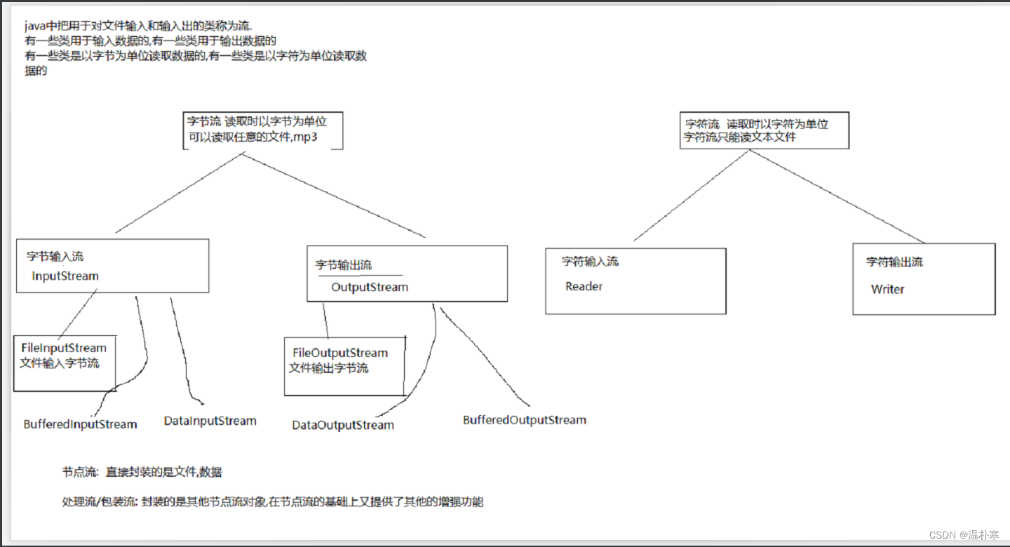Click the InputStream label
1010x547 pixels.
tap(65, 276)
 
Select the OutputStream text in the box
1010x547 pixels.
tap(369, 288)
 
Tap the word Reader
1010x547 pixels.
tap(584, 286)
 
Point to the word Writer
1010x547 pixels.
tap(887, 289)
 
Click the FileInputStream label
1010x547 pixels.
tap(64, 348)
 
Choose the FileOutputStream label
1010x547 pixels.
tap(340, 353)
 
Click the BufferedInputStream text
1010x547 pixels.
tap(80, 424)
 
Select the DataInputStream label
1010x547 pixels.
tap(210, 421)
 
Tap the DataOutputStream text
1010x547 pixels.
tap(343, 425)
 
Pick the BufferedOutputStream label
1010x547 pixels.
tap(524, 420)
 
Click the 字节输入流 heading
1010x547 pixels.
tap(55, 257)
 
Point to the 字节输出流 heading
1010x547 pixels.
tap(343, 265)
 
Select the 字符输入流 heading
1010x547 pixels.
tap(590, 262)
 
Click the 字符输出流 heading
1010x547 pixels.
tap(894, 262)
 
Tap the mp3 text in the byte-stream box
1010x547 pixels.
tap(306, 137)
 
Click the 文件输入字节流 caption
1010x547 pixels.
tap(59, 363)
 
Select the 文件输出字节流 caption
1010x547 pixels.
tap(328, 368)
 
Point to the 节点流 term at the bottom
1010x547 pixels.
tap(79, 473)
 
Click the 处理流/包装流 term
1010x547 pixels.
tap(100, 502)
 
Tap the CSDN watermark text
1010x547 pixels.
tap(943, 535)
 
